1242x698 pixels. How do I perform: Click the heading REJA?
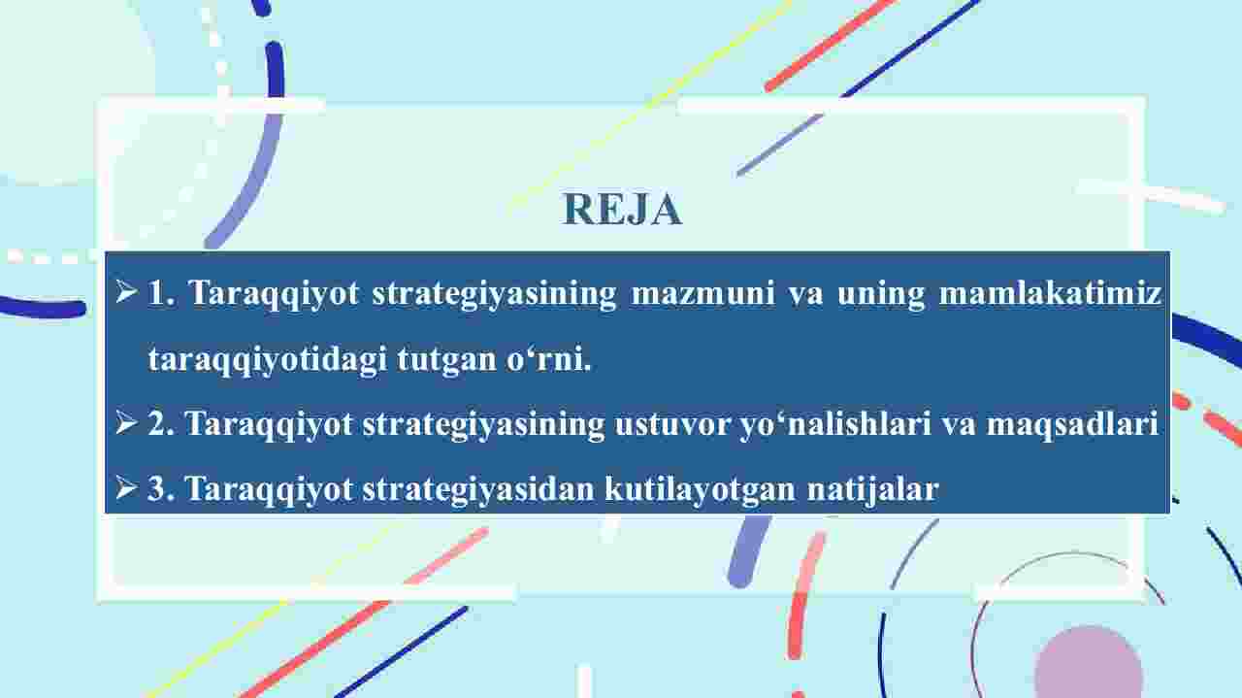pos(623,209)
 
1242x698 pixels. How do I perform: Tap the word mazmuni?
pos(703,293)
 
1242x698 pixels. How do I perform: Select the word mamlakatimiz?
pos(1050,293)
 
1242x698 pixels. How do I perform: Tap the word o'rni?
pos(548,359)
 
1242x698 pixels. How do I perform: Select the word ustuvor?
pos(672,425)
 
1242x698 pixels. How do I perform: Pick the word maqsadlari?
pos(1072,425)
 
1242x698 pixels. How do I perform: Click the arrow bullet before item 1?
pos(126,291)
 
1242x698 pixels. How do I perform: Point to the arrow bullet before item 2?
pos(126,423)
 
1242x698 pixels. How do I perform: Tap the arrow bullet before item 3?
pos(126,488)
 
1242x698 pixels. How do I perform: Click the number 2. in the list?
pos(161,424)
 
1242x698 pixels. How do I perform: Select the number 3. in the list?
pos(161,489)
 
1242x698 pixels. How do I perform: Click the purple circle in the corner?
pos(1089,662)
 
